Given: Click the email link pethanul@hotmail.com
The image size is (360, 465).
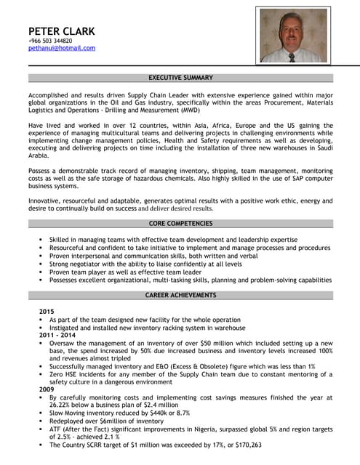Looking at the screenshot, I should [x=62, y=48].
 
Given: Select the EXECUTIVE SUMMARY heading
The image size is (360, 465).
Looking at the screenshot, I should [x=180, y=78].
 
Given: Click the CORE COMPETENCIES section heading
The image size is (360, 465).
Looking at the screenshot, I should [x=180, y=223].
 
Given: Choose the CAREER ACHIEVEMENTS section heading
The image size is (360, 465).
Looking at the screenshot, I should [x=180, y=295].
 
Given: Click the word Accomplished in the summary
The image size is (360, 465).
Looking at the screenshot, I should [x=52, y=96].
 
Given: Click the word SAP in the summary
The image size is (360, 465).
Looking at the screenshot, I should [x=293, y=179].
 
